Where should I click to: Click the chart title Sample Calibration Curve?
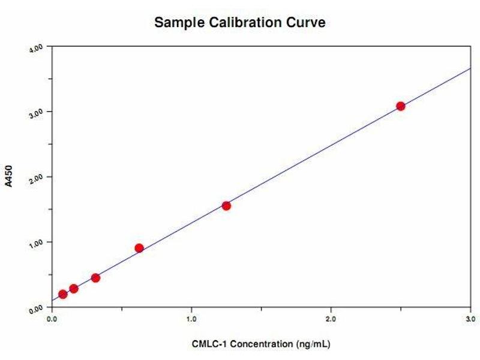click(x=240, y=23)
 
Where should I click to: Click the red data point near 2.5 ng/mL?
click(x=400, y=106)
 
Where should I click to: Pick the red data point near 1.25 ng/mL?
click(x=226, y=206)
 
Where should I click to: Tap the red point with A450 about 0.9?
click(x=139, y=248)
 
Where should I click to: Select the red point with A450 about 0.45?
click(x=95, y=278)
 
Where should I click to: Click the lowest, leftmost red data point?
click(x=63, y=294)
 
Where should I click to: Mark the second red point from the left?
click(x=74, y=289)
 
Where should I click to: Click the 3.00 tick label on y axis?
click(x=38, y=113)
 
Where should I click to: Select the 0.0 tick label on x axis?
click(x=52, y=319)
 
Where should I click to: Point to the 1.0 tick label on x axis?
click(x=191, y=319)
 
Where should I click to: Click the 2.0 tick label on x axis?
click(x=331, y=319)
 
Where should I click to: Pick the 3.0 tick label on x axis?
click(x=470, y=319)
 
